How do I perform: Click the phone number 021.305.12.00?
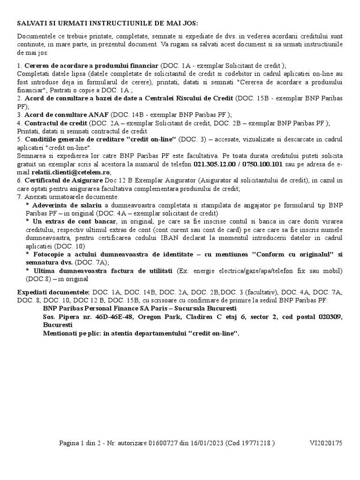point(215,164)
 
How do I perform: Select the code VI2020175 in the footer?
point(326,443)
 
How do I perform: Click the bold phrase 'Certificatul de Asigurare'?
point(59,180)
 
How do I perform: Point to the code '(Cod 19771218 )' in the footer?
point(250,443)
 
